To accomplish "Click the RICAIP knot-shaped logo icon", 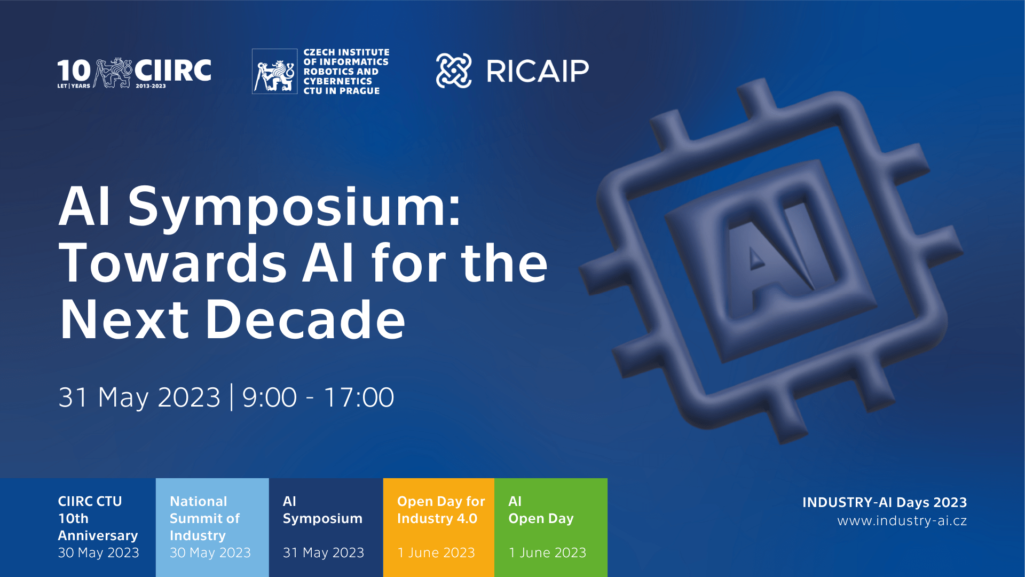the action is point(454,71).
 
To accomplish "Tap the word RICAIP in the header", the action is point(538,71).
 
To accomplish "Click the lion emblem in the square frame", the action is point(274,72).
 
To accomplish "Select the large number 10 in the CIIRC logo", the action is point(74,71).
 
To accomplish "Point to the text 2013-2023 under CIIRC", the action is point(151,86).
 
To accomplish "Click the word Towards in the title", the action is point(173,263).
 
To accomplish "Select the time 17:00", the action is point(359,397).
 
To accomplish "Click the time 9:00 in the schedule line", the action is point(270,397).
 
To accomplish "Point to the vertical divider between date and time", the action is point(232,397).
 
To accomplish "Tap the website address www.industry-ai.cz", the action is point(902,521).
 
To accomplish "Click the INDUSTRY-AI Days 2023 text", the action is point(885,502).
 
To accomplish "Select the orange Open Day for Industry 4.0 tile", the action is point(439,527).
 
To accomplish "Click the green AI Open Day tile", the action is point(551,527).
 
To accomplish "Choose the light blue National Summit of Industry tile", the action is point(212,527).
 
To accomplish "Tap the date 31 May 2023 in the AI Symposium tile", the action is point(324,553).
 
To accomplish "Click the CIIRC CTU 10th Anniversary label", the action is point(98,518).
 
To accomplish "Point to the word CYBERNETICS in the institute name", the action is point(338,81).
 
